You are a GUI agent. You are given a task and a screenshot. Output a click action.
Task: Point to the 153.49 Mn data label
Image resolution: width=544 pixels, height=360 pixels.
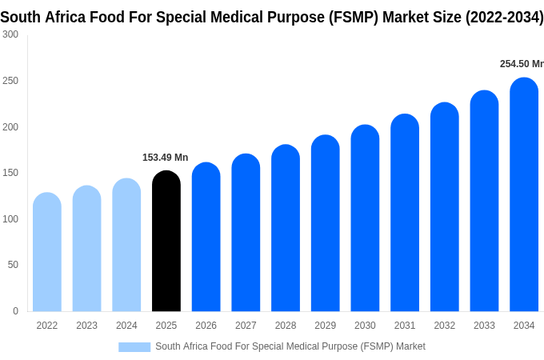pos(165,158)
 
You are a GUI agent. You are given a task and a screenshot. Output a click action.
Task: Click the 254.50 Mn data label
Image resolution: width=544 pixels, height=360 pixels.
pos(522,64)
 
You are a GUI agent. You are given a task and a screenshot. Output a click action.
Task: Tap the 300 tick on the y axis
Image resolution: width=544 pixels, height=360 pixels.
pos(10,34)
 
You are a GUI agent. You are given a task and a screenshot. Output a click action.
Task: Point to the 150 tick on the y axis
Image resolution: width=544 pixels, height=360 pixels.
pos(10,173)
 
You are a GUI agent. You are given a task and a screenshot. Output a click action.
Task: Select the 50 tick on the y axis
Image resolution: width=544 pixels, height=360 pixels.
pos(13,265)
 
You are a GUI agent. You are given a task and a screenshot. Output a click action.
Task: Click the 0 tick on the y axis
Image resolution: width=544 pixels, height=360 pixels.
pos(15,311)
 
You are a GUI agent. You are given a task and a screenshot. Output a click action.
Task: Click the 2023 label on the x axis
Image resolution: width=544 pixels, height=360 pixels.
pos(86,326)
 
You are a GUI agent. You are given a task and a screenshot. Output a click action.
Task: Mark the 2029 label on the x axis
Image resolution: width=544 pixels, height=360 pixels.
pos(325,326)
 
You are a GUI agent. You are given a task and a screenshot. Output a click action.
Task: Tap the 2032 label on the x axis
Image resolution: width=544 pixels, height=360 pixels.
pos(444,326)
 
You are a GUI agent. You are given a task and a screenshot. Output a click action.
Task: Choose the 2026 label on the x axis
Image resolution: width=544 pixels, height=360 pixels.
pos(206,326)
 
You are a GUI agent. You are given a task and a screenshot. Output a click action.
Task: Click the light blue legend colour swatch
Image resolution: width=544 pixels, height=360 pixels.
pos(134,346)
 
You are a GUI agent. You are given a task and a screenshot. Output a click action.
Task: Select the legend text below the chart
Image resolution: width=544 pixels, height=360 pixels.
pos(290,346)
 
